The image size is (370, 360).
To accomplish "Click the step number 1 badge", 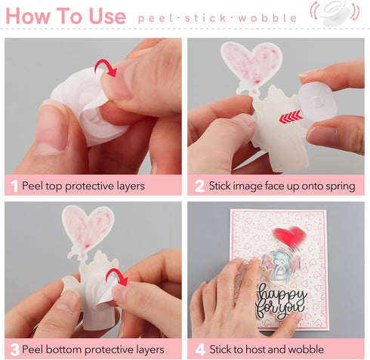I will tap(13, 186).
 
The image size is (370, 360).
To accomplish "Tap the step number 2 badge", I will tap(199, 186).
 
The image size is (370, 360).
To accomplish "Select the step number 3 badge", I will tap(13, 349).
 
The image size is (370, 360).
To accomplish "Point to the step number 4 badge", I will tap(199, 349).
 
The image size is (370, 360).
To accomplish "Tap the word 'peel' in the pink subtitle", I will tap(155, 17).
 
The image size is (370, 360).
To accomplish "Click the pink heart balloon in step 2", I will tap(251, 62).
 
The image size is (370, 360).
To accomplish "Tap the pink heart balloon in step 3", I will tap(88, 227).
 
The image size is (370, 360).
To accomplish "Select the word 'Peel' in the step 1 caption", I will tap(34, 186).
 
